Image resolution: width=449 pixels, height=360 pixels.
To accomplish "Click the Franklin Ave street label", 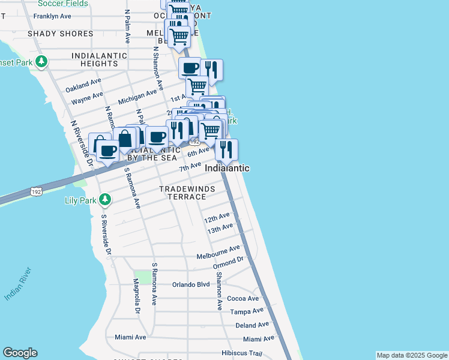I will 52,16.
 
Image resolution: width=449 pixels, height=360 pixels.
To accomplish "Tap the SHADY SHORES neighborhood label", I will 60,34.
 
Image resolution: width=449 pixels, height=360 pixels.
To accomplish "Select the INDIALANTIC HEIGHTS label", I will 99,59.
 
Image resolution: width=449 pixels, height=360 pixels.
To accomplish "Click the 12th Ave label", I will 217,217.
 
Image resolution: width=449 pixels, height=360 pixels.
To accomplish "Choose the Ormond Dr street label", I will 229,262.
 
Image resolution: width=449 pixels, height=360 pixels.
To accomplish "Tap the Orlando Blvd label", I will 191,284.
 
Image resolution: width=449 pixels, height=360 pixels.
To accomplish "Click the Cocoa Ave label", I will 243,298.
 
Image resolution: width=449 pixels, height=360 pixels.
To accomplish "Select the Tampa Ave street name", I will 247,311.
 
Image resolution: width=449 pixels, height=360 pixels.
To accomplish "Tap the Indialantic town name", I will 227,169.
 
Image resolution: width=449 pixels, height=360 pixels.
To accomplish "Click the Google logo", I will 20,353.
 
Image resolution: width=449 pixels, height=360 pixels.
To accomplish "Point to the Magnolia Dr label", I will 136,296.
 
